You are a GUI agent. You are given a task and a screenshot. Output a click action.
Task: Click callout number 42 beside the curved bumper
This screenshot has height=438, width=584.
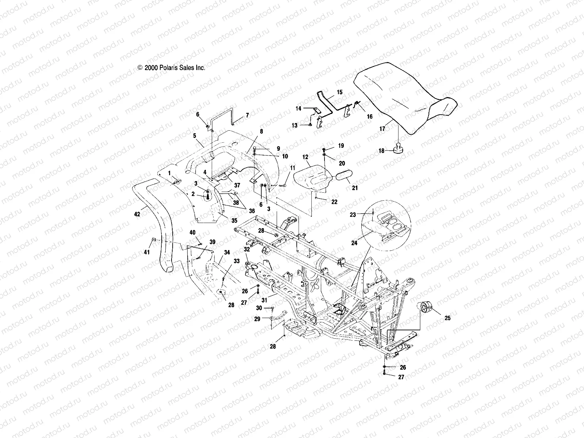tap(137, 215)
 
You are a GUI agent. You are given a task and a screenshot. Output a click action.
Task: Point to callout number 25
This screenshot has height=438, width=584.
tap(447, 318)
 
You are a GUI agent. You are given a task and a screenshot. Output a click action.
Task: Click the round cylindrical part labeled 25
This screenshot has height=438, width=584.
tap(426, 307)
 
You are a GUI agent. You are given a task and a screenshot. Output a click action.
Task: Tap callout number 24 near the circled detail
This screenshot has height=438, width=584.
tap(354, 243)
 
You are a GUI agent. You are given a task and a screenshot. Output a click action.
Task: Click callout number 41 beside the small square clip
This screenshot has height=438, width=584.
tap(147, 252)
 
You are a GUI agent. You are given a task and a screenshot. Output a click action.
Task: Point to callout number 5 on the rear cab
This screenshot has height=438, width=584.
tap(195, 135)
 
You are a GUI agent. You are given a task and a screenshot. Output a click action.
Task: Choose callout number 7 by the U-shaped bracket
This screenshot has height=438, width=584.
tap(247, 115)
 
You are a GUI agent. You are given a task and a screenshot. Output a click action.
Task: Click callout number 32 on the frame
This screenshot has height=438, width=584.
tap(247, 250)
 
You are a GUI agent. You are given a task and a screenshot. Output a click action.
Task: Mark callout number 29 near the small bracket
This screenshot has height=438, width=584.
tap(257, 319)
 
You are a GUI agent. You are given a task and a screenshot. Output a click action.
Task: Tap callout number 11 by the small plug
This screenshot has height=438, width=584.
tap(292, 168)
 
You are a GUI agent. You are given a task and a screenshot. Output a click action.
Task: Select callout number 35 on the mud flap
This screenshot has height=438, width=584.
tap(234, 220)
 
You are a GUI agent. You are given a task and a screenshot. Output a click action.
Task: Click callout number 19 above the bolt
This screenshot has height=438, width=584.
tap(341, 146)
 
